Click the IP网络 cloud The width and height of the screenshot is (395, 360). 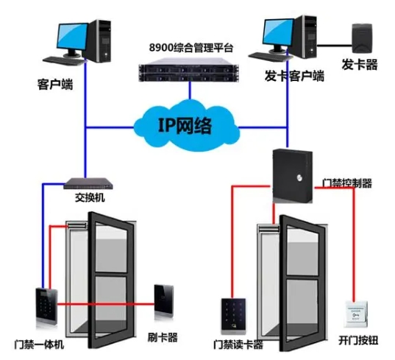pos(187,126)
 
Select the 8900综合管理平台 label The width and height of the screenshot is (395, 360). pos(191,47)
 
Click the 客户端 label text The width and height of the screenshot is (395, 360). pos(55,84)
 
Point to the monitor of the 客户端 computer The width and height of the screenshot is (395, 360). pos(72,38)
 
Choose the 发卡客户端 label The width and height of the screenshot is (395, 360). pos(294,76)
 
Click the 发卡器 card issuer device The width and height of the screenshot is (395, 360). pos(362,38)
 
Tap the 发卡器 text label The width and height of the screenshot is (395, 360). pos(360,64)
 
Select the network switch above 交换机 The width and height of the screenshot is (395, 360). pos(88,183)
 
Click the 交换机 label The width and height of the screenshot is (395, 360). pos(90,197)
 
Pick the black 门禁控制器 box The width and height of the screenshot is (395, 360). pos(293,176)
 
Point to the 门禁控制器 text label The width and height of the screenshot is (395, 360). pos(347,183)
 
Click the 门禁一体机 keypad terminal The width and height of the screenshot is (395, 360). pos(46,307)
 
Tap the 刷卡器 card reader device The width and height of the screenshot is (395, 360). pos(164,301)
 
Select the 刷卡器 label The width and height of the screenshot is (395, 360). pos(163,337)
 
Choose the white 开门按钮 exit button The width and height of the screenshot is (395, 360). pos(356,314)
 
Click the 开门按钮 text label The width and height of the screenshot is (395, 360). pos(358,341)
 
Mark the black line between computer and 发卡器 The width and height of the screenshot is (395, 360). pos(334,46)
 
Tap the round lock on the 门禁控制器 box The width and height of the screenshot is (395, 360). pos(299,178)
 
